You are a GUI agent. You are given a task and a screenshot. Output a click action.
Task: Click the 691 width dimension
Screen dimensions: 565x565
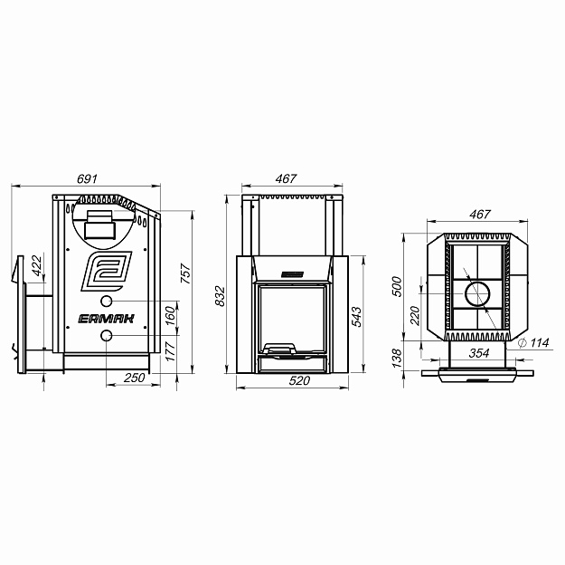(x=87, y=179)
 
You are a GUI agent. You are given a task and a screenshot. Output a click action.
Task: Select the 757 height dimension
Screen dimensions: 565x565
(x=185, y=273)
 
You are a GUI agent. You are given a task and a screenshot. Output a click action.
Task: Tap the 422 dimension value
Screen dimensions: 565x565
(x=37, y=265)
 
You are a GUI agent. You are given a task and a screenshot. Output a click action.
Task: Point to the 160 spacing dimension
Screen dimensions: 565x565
(x=170, y=315)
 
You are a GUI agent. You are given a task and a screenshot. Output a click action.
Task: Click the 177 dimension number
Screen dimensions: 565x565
(x=170, y=351)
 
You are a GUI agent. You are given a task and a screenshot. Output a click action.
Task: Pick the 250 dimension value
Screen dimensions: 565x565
(x=135, y=378)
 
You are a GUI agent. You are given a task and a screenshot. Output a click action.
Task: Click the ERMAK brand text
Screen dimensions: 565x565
(x=107, y=319)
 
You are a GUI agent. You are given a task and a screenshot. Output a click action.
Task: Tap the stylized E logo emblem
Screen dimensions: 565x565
(x=107, y=272)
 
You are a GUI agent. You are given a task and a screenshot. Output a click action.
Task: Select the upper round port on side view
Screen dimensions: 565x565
(x=106, y=301)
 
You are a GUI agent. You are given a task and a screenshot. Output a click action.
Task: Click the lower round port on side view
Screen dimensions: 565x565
(x=106, y=336)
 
